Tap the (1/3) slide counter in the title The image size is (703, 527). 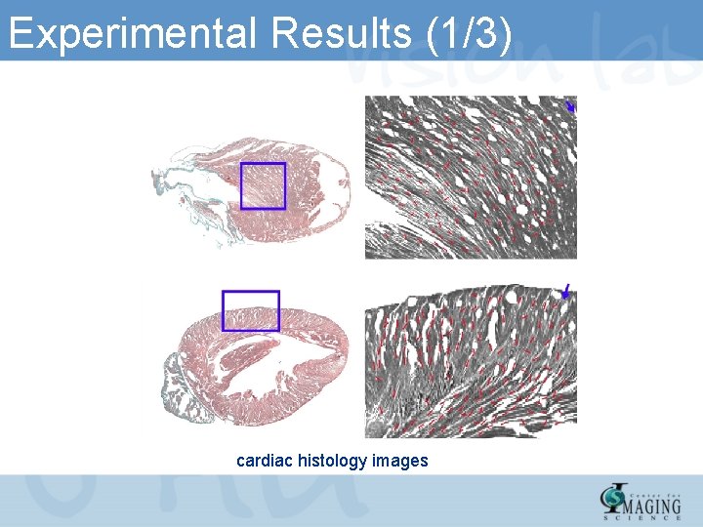coord(469,34)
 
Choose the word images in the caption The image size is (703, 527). coord(400,460)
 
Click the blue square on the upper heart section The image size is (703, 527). coord(263,185)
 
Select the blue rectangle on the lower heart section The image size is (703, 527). coord(251,310)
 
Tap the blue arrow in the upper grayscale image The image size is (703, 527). coord(571,106)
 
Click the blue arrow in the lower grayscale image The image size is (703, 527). coord(565,291)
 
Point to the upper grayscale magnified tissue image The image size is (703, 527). coord(471,177)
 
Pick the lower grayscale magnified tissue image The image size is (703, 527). coord(471,361)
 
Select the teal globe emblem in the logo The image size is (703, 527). coord(610,499)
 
